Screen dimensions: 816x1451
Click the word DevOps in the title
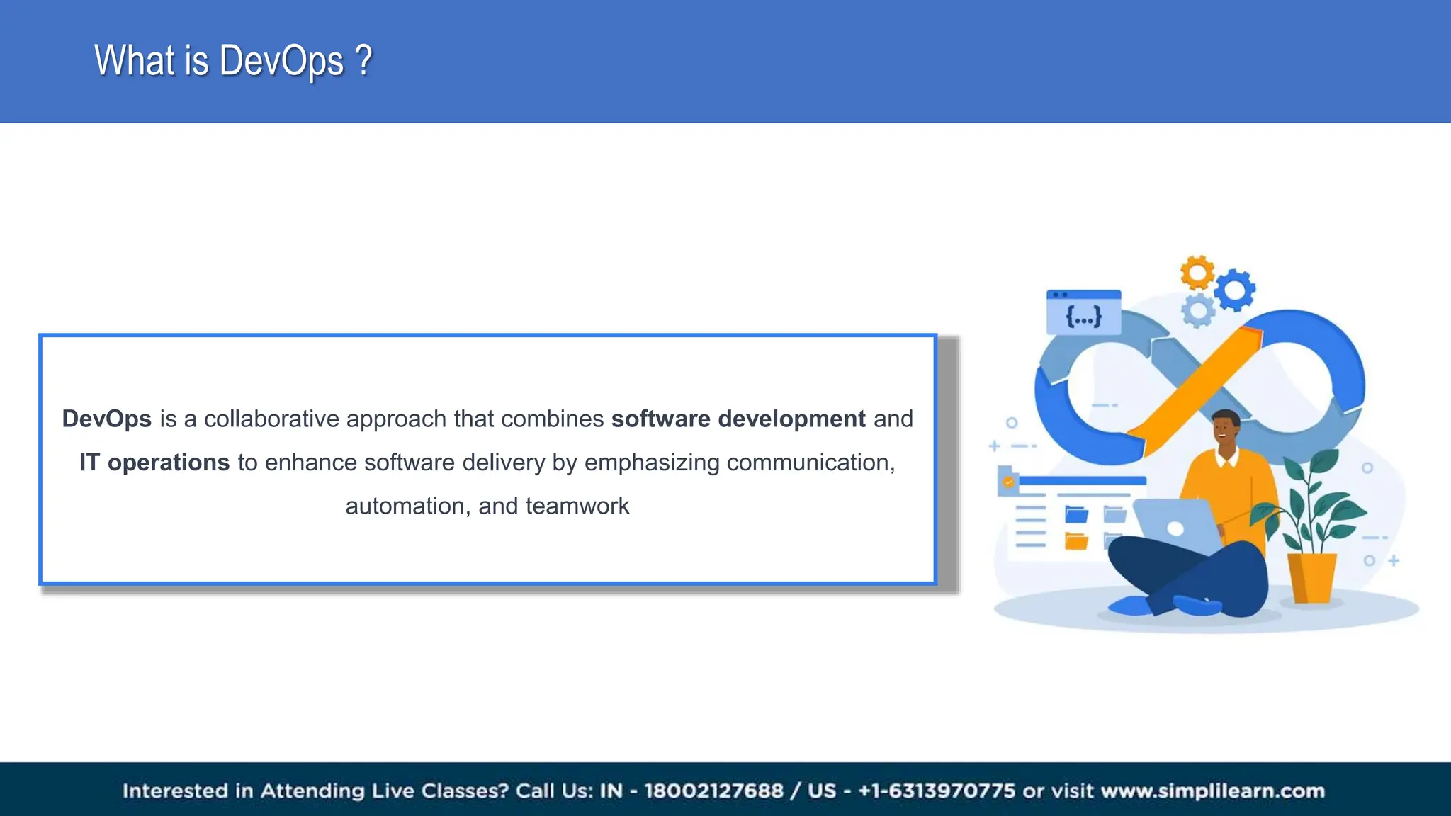(x=281, y=61)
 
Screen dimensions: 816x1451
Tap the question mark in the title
(x=363, y=61)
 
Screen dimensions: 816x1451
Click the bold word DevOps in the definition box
(x=107, y=419)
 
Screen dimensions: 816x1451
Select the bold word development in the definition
(x=791, y=419)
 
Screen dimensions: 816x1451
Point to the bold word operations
(x=169, y=463)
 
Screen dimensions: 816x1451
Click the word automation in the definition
(x=405, y=506)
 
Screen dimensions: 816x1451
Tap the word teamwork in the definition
(x=577, y=506)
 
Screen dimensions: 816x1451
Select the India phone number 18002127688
(x=713, y=790)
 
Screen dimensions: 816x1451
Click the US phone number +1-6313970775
(x=937, y=790)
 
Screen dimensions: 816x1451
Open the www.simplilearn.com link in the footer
(x=1212, y=790)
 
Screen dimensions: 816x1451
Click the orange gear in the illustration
(x=1197, y=272)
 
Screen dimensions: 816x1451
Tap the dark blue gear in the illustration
(x=1236, y=290)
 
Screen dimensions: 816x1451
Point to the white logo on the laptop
(x=1175, y=528)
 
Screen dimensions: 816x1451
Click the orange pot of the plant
(x=1312, y=577)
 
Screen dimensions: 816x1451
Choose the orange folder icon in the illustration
(x=1076, y=541)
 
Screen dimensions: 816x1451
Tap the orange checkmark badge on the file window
(x=1008, y=482)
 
